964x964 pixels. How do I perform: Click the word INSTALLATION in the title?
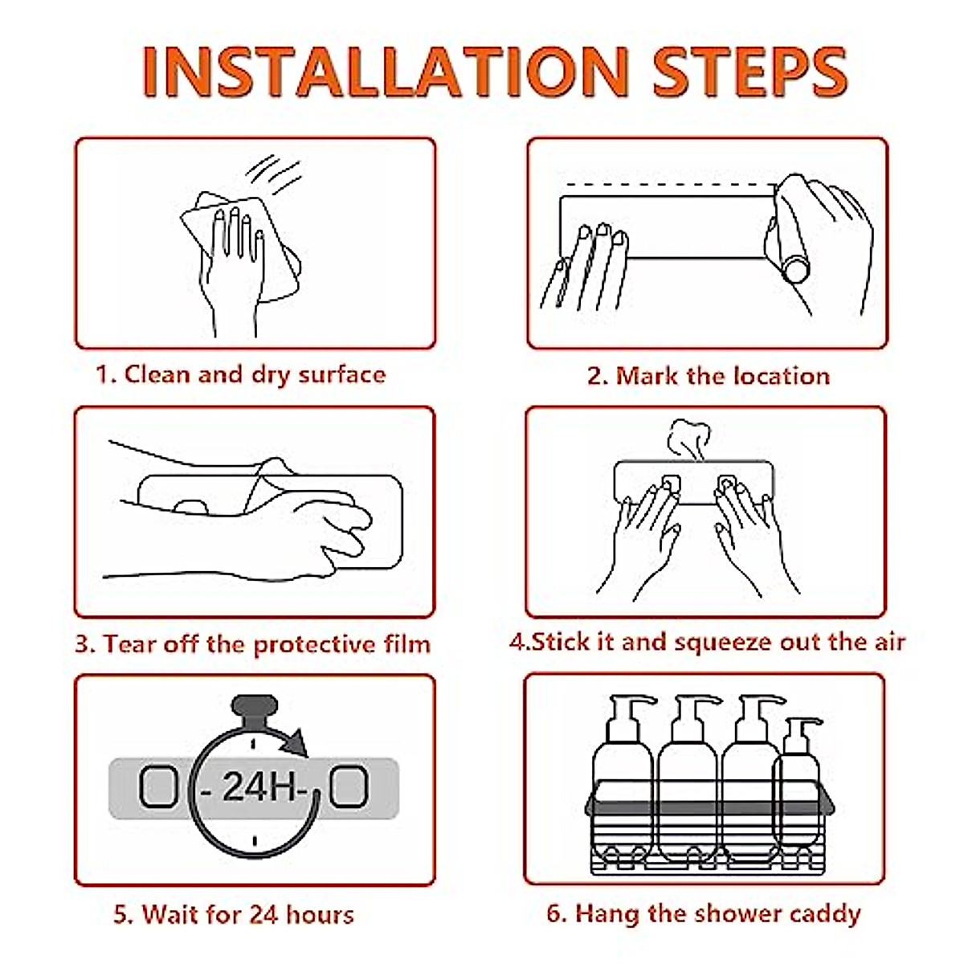coord(385,71)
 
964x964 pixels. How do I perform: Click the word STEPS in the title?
coord(750,71)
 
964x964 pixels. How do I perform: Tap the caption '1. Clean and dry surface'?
coord(241,375)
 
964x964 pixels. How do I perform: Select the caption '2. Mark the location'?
coord(709,376)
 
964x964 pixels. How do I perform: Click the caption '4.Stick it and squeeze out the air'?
coord(708,643)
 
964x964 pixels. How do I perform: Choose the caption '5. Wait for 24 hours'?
coord(234,914)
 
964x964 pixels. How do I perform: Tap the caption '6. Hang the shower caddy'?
coord(704,913)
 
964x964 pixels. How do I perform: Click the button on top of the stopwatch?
coord(254,705)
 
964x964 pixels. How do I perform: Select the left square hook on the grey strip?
coord(158,787)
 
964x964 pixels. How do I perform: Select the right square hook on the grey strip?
coord(349,787)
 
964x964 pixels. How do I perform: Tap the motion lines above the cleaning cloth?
coord(274,174)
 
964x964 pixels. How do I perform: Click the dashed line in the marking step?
coord(669,185)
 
